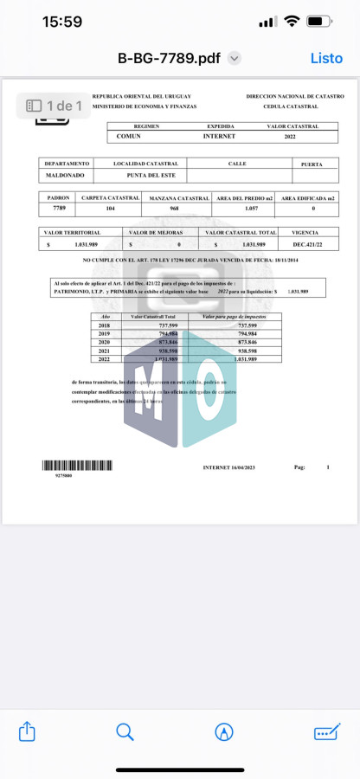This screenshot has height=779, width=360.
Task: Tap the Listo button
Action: pyautogui.click(x=326, y=58)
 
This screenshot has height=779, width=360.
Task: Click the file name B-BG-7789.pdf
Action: pyautogui.click(x=170, y=58)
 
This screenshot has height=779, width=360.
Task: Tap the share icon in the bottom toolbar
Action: pyautogui.click(x=27, y=731)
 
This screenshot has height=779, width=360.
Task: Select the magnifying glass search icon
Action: pyautogui.click(x=125, y=731)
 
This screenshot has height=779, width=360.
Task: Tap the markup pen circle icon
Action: pyautogui.click(x=224, y=731)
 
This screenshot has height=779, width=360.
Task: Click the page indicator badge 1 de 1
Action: pyautogui.click(x=53, y=106)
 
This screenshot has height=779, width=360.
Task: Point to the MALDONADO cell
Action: pyautogui.click(x=64, y=175)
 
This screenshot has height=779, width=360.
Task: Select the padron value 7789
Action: pyautogui.click(x=59, y=209)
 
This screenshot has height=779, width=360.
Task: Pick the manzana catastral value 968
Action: pyautogui.click(x=174, y=209)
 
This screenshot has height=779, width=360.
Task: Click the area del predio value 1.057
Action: pyautogui.click(x=252, y=209)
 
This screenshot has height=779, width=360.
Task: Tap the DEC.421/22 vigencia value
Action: pyautogui.click(x=309, y=244)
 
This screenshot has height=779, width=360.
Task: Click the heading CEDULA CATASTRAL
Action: pyautogui.click(x=290, y=106)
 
